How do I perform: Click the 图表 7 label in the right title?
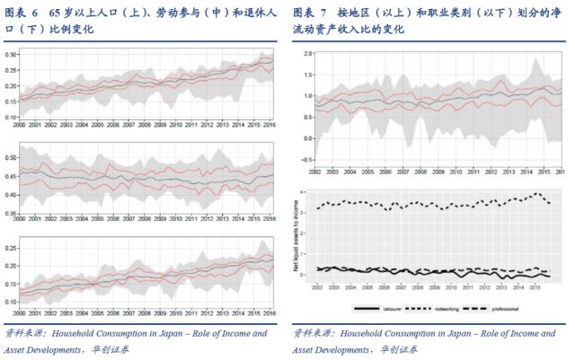point(309,13)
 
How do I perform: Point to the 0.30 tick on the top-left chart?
point(12,55)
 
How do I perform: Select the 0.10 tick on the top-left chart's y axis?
point(12,117)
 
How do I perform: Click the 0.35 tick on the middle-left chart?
point(12,215)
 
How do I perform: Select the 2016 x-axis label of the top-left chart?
point(267,125)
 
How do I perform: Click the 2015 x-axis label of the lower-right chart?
point(535,289)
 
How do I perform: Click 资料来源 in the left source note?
point(24,334)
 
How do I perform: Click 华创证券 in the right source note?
point(399,349)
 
